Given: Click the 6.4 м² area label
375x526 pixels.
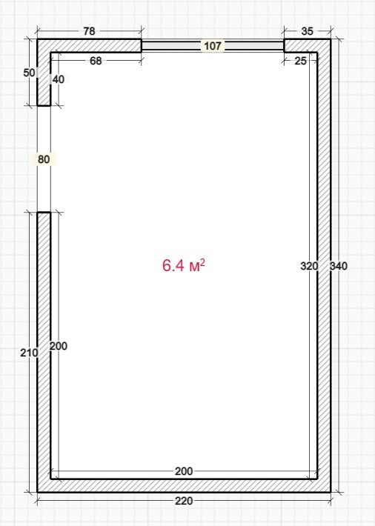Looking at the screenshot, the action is [183, 265].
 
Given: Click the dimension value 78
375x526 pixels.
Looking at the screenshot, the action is [89, 31].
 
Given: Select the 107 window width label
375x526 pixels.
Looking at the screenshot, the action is [213, 46].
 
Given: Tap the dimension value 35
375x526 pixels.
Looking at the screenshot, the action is [307, 31].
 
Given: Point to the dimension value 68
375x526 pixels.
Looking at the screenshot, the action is [96, 61].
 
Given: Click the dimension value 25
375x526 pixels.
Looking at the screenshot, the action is [300, 61].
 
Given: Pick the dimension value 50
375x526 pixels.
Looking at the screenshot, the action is [29, 73].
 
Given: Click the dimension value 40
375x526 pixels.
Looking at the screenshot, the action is [59, 79].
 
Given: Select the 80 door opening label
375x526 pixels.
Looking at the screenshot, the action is [44, 159].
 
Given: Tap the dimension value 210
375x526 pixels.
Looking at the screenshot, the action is [29, 353].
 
